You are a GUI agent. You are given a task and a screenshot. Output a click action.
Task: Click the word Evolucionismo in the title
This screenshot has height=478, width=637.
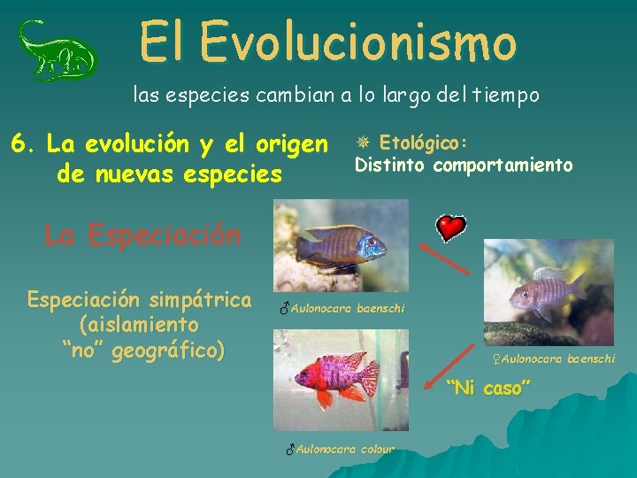tap(357, 42)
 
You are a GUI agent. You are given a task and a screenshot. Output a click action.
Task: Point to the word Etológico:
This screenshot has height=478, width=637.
tap(423, 143)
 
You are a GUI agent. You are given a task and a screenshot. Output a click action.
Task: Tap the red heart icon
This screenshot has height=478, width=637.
tap(451, 228)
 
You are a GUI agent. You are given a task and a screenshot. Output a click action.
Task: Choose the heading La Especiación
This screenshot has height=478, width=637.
tap(142, 235)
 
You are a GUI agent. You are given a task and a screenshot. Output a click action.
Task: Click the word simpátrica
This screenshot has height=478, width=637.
tap(202, 299)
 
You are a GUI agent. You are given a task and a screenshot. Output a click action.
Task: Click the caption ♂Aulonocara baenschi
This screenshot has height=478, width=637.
tap(341, 309)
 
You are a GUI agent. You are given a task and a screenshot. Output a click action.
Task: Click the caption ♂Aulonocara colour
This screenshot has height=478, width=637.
tap(340, 449)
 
